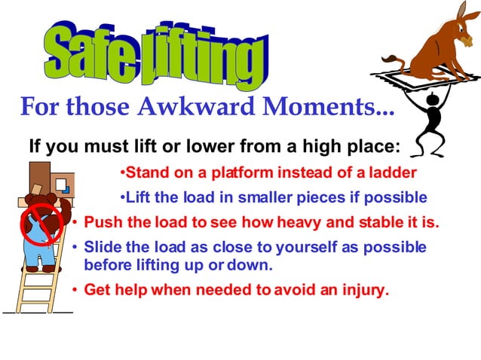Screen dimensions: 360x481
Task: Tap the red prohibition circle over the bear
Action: pos(37,222)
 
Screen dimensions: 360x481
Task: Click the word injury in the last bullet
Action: pos(363,290)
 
